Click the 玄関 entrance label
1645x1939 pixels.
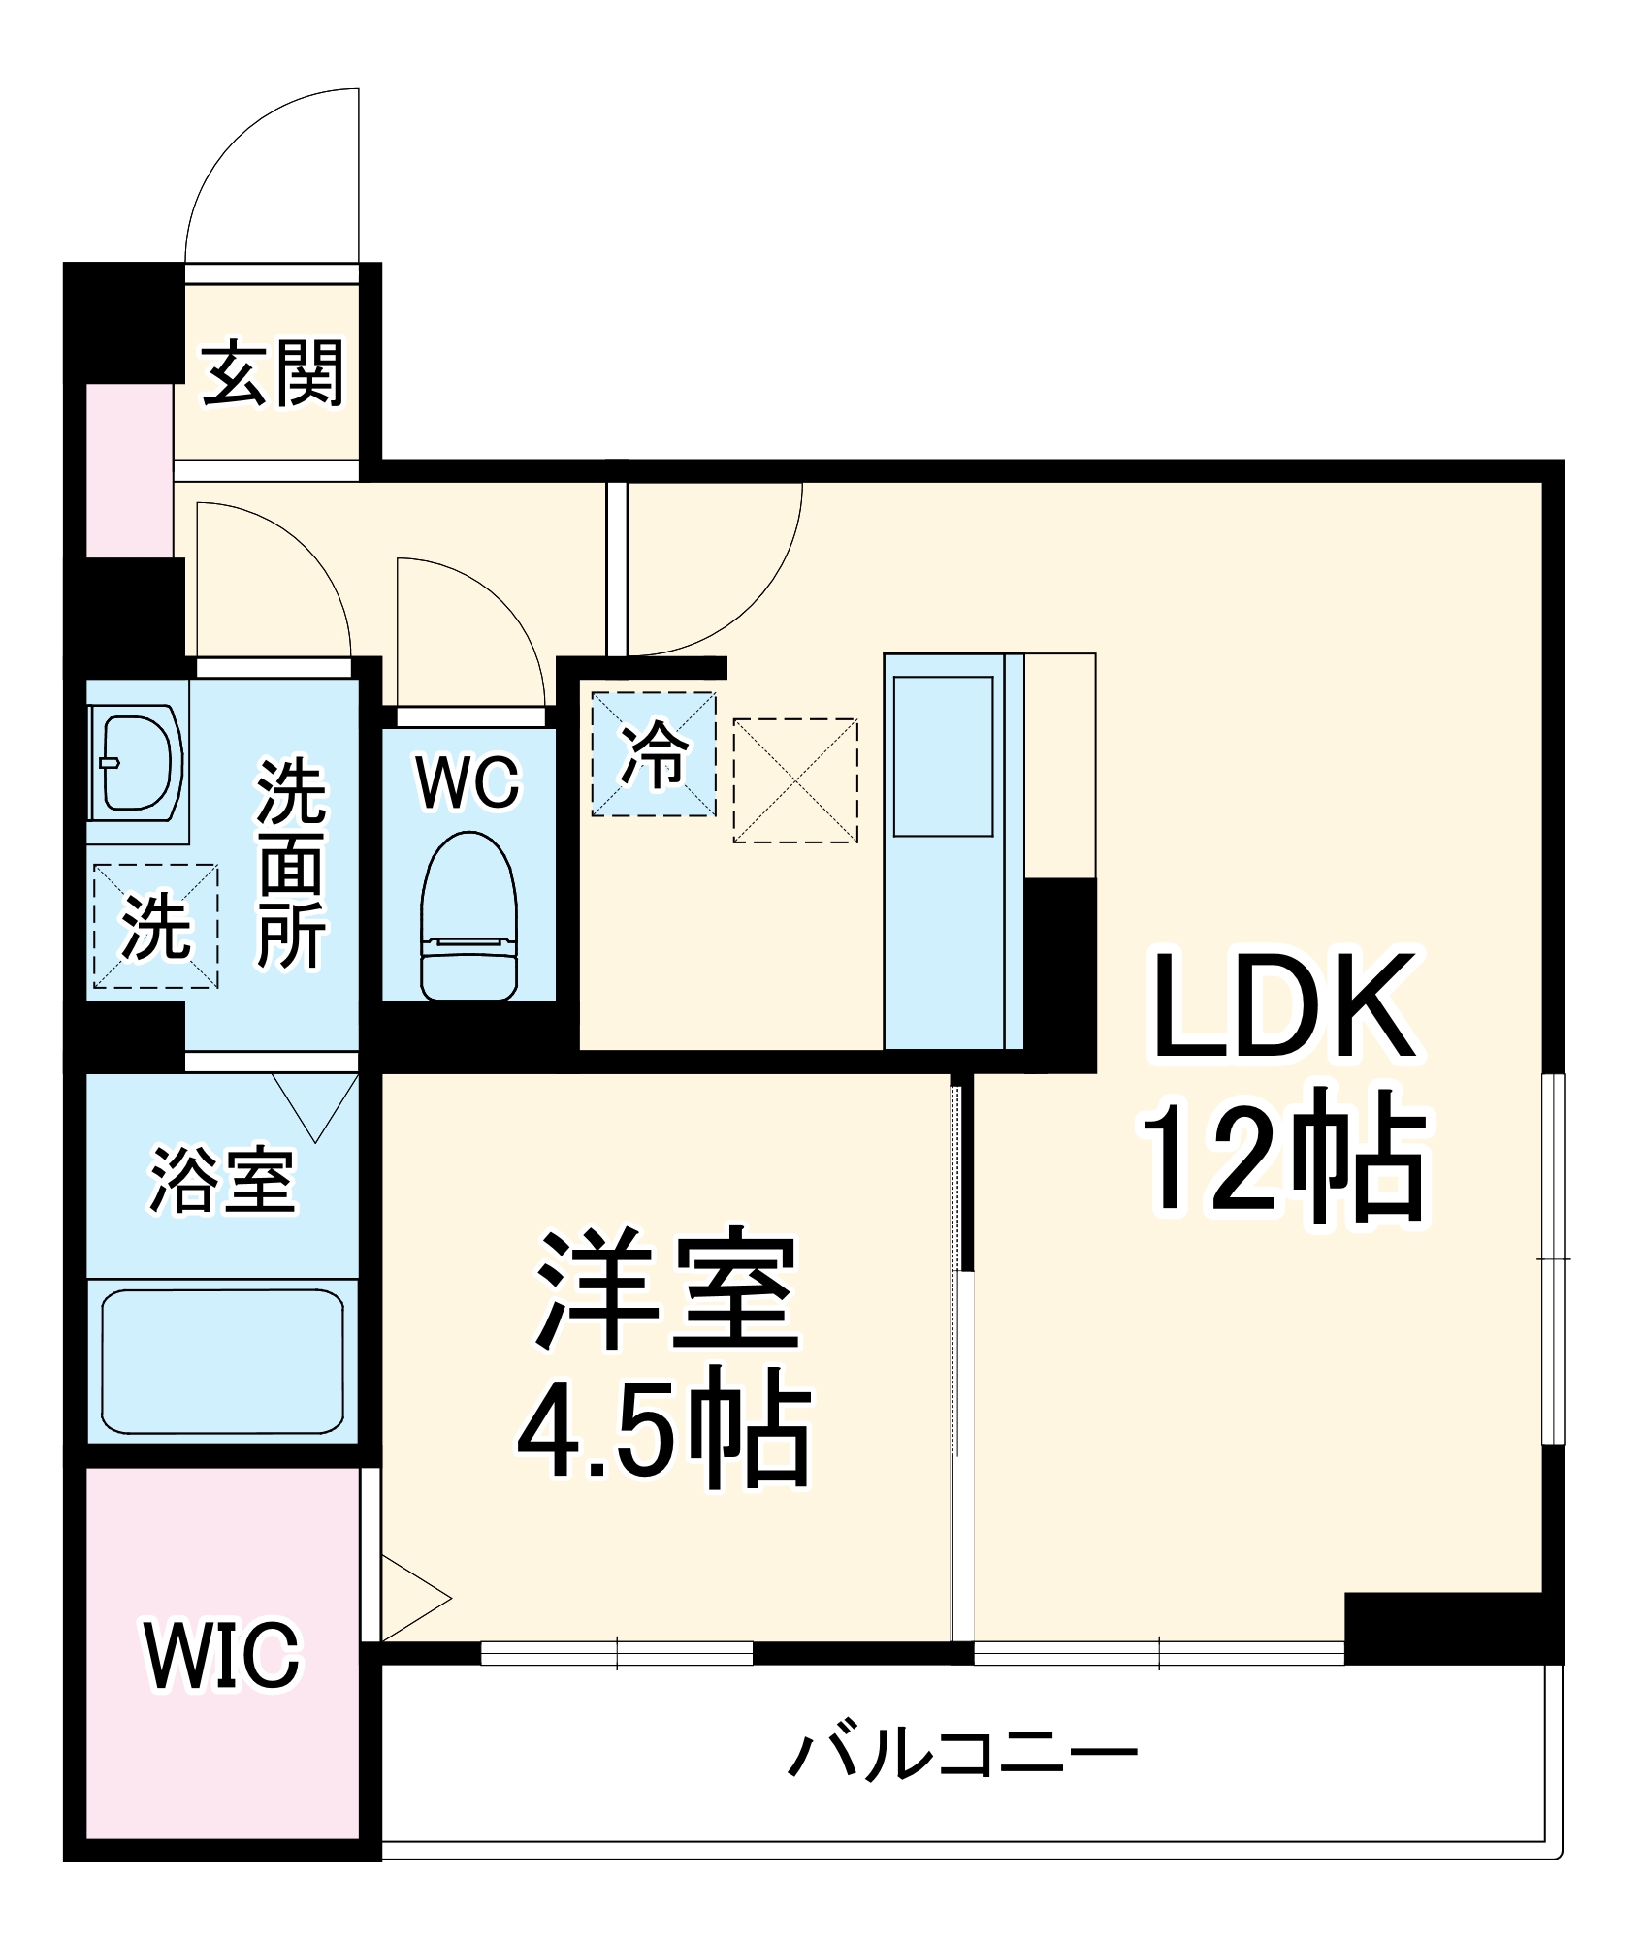point(274,373)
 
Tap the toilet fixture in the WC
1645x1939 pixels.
point(468,916)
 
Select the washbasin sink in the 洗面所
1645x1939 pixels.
point(141,763)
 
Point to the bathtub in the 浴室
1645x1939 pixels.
point(222,1362)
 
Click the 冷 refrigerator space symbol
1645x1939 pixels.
point(654,754)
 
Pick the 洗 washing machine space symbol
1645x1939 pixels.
point(155,927)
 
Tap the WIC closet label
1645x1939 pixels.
point(223,1655)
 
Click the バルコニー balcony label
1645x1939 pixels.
point(962,1754)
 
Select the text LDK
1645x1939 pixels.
point(1282,1006)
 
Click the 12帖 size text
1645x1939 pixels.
point(1282,1156)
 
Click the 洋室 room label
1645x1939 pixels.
point(667,1289)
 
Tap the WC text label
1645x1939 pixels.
point(468,781)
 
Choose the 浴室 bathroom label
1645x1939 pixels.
point(222,1181)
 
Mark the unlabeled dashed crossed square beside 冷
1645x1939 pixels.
point(794,780)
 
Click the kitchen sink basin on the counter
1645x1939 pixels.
point(943,756)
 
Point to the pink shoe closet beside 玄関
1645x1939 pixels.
point(130,471)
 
